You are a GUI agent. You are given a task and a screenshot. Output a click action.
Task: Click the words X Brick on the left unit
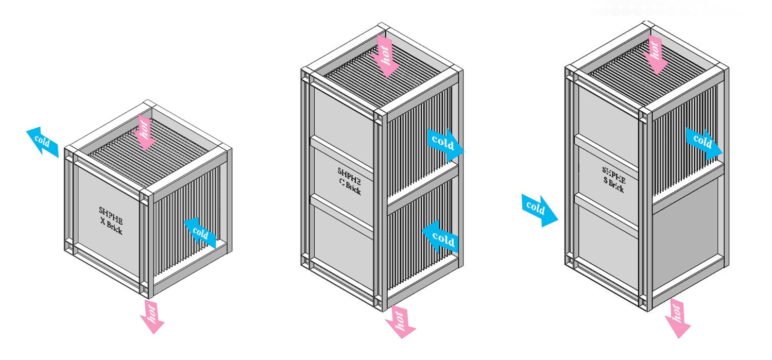pos(112,227)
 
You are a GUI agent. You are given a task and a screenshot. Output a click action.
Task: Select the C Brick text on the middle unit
pos(350,188)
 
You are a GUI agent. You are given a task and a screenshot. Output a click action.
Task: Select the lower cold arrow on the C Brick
pos(441,237)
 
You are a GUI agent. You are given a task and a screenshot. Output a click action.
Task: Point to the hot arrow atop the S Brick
pos(655,53)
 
